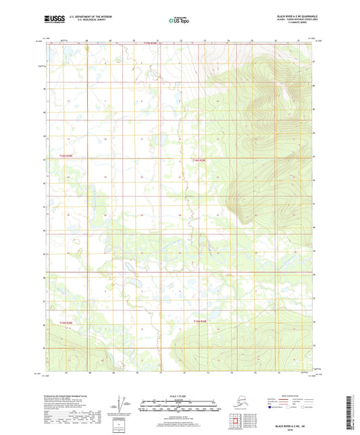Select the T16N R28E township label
65,157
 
